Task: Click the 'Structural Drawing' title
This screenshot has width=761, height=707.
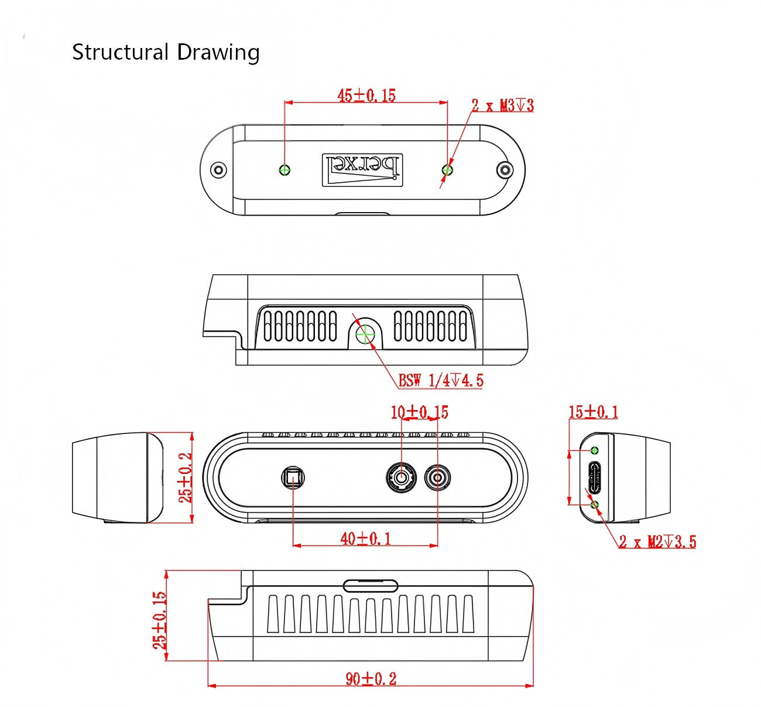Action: (166, 53)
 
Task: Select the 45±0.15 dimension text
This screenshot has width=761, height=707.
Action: (366, 95)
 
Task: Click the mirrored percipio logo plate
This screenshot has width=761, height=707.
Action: (362, 170)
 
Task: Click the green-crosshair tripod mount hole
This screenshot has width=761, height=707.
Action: (365, 334)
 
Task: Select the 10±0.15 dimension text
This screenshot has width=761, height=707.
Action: (419, 412)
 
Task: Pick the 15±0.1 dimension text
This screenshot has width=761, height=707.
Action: (593, 412)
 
